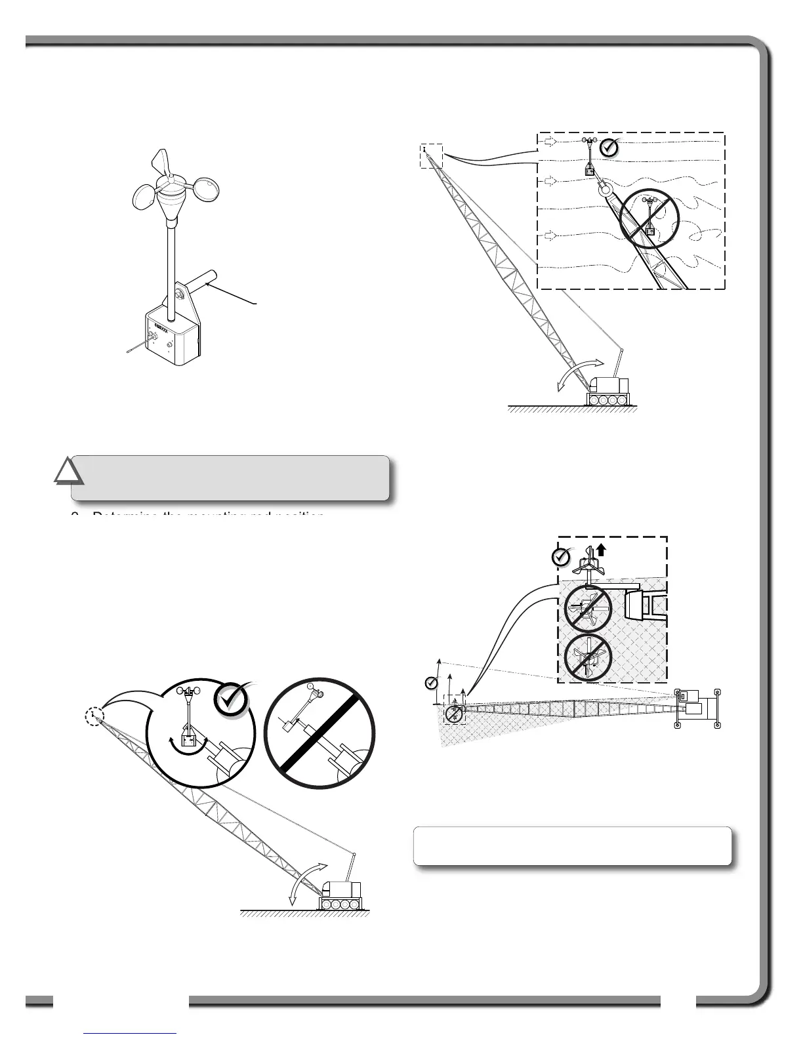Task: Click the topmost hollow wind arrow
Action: click(x=550, y=141)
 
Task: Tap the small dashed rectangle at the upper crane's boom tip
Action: click(x=432, y=156)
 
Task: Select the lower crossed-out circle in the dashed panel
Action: click(x=588, y=657)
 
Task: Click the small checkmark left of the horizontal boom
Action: click(x=431, y=683)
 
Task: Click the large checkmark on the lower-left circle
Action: click(x=232, y=700)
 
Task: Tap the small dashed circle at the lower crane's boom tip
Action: click(x=95, y=717)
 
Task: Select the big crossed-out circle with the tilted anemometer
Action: click(x=319, y=733)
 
